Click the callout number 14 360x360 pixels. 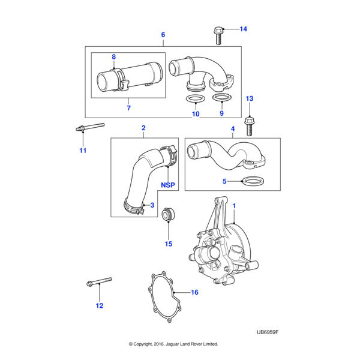pyautogui.click(x=243, y=29)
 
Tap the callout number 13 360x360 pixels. pyautogui.click(x=250, y=98)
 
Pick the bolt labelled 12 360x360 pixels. pyautogui.click(x=100, y=281)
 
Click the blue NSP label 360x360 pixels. pyautogui.click(x=168, y=185)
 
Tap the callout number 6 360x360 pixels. pyautogui.click(x=163, y=35)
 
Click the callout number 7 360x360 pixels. pyautogui.click(x=128, y=108)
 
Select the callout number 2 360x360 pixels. pyautogui.click(x=143, y=128)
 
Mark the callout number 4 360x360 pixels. pyautogui.click(x=233, y=129)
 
